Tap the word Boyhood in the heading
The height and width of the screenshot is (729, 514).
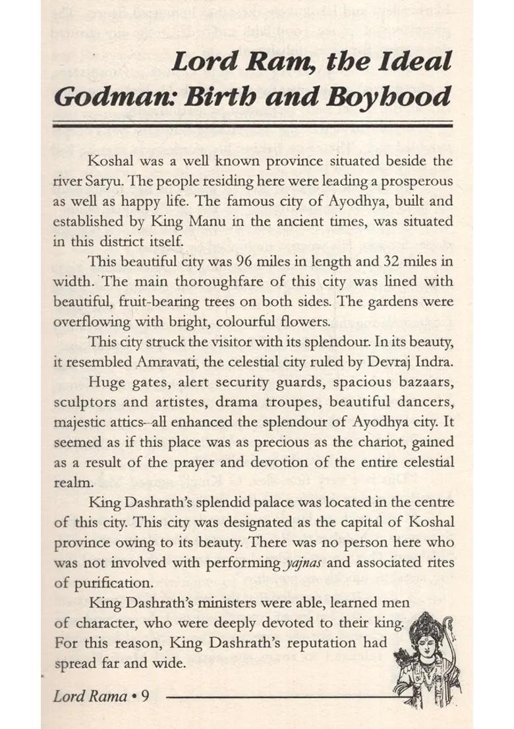[x=401, y=97]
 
